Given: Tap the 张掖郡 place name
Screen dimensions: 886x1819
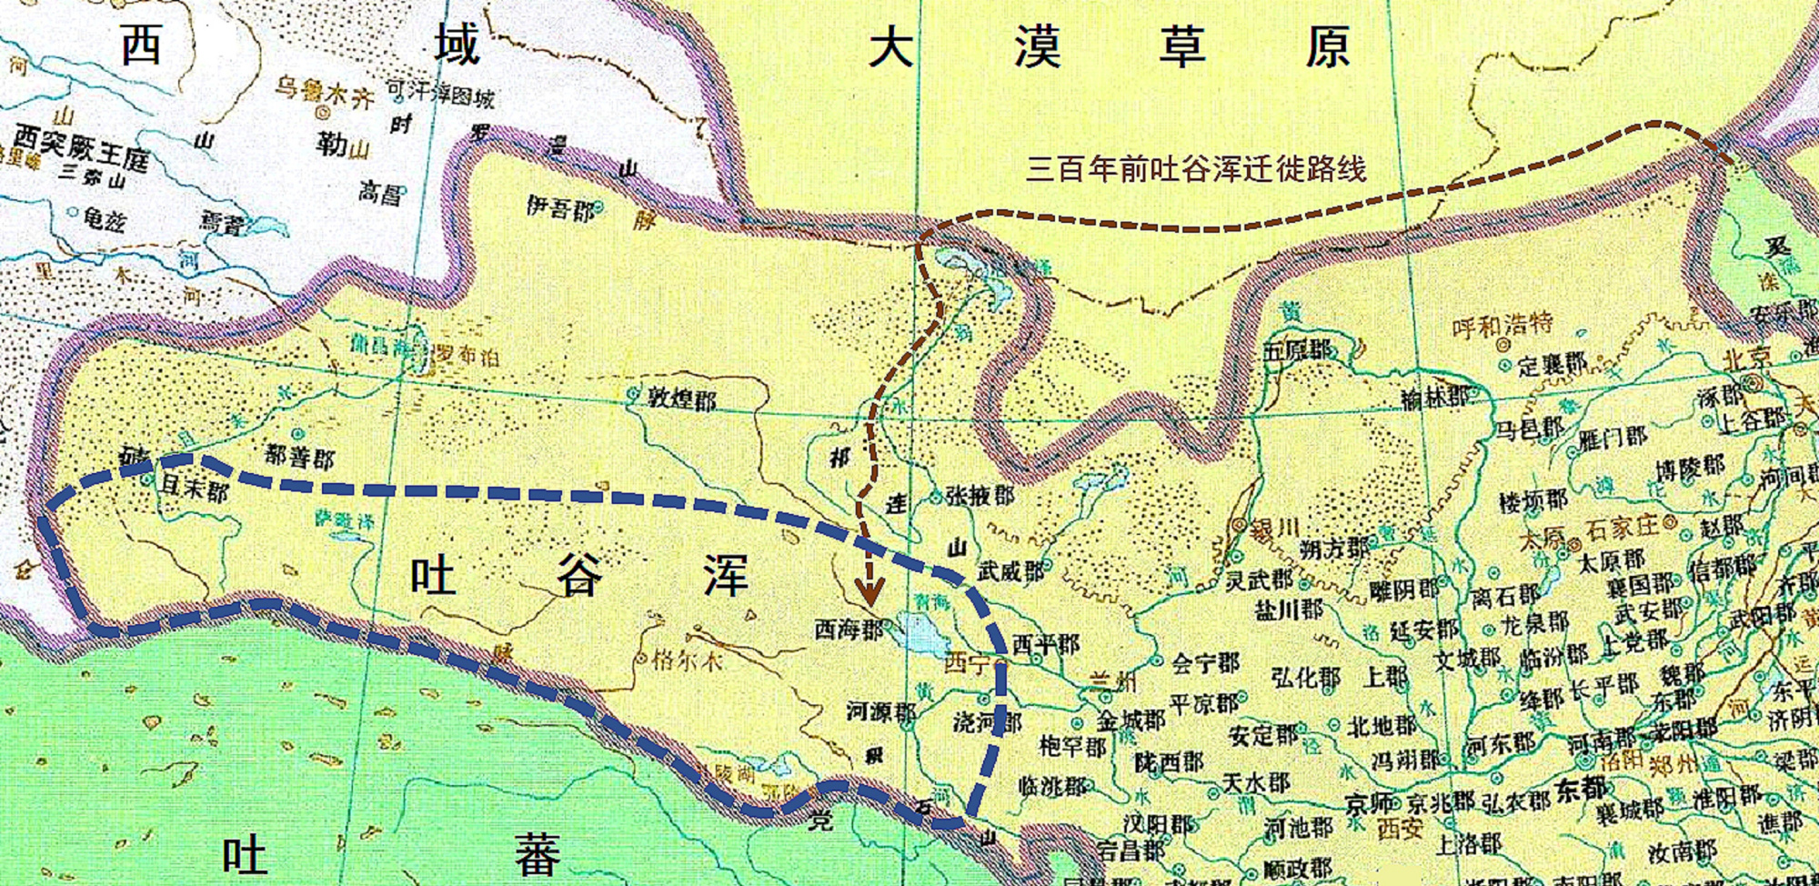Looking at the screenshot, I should (980, 495).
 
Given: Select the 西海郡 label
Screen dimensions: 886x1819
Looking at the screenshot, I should (848, 629).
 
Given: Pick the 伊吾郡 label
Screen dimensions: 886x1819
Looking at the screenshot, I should (560, 208).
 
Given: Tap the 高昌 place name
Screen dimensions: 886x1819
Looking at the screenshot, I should (379, 192).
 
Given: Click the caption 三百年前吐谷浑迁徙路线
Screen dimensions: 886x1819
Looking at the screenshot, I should (1196, 168).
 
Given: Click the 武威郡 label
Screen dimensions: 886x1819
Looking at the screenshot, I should (1011, 571).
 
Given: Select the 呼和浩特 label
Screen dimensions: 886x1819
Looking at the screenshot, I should (1502, 326).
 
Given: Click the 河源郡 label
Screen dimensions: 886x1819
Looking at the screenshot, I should (880, 710).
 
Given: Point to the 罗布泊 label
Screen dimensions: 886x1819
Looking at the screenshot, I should (467, 355).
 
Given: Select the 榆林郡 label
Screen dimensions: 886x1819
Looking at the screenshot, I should (1435, 397).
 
